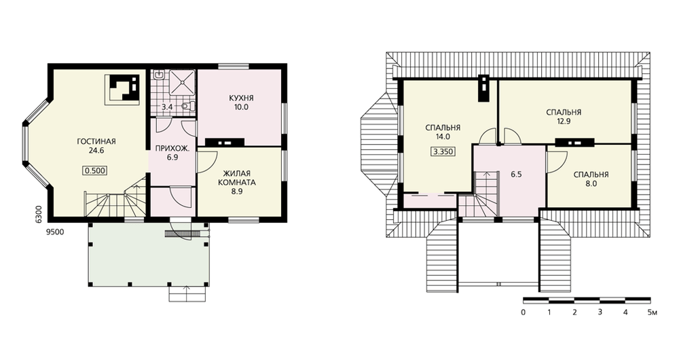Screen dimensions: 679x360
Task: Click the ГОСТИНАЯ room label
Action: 96,142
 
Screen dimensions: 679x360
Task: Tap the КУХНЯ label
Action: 241,98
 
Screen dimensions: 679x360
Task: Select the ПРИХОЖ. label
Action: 172,148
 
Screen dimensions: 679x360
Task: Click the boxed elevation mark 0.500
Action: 95,170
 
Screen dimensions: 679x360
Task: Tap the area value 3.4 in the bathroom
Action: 167,107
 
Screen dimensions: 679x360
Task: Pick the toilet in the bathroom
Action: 188,106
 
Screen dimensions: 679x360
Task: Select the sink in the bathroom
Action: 159,75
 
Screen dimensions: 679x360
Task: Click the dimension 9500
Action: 55,232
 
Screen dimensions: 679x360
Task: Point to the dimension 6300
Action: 38,214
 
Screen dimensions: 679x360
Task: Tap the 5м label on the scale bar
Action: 652,312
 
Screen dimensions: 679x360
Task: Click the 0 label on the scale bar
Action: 524,312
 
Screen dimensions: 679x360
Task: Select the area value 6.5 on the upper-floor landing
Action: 516,175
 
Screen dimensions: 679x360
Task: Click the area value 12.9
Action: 564,122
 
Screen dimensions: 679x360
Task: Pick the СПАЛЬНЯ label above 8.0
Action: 591,175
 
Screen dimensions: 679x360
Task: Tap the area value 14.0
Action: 443,137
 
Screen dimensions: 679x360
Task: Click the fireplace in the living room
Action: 122,89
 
